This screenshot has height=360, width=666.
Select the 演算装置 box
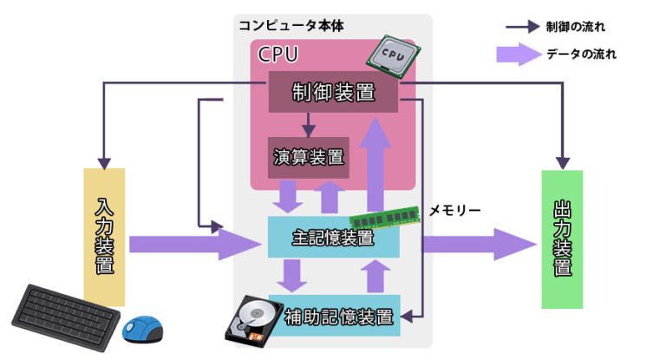pos(308,157)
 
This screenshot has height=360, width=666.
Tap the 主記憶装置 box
pos(333,236)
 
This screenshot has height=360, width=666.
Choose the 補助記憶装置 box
pos(338,316)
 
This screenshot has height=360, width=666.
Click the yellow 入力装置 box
pos(104,236)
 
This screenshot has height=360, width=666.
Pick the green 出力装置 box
pos(562,239)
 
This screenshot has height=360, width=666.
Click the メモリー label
pos(455,210)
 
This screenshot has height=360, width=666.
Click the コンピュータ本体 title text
pos(291,25)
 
